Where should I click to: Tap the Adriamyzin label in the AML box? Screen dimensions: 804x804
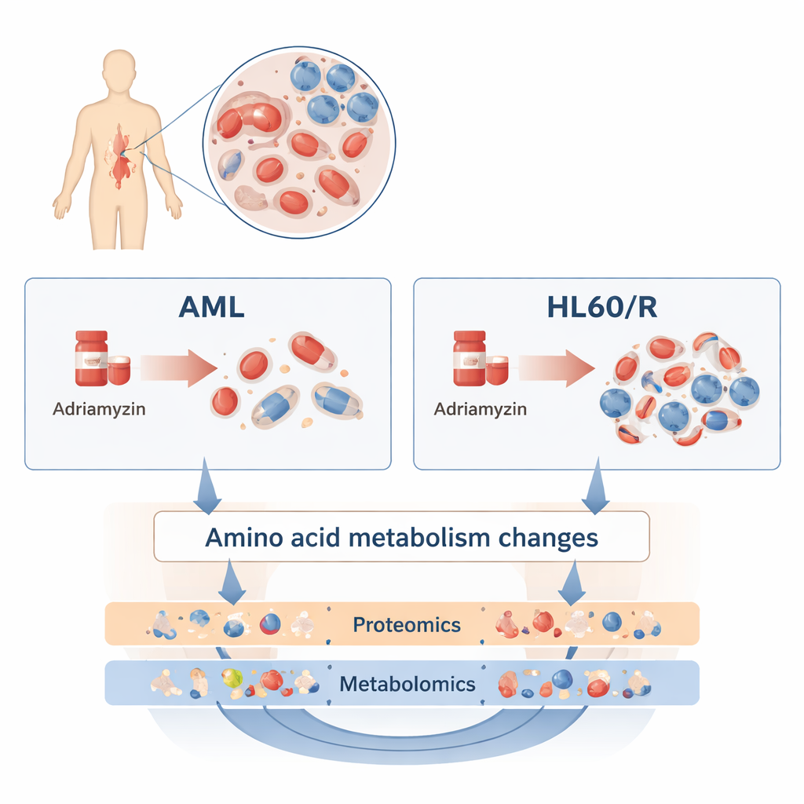(x=99, y=409)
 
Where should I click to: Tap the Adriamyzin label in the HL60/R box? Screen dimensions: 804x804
(x=480, y=409)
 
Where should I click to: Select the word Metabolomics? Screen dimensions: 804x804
(x=407, y=683)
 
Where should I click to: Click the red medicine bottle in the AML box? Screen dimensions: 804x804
(x=92, y=359)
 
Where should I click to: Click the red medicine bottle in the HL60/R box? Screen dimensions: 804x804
(x=470, y=359)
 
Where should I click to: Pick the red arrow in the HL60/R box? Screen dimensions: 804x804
(x=555, y=365)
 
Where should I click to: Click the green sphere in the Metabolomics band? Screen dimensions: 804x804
(x=230, y=678)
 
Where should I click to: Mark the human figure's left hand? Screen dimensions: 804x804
(x=174, y=206)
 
